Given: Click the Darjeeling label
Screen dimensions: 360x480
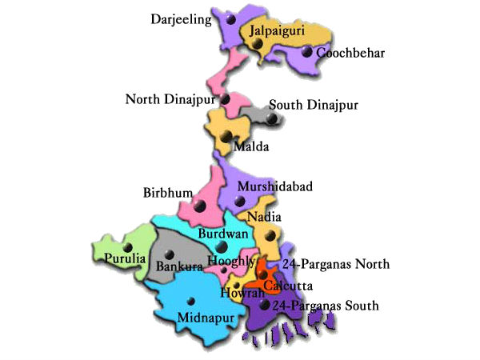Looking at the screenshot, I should coord(182,18).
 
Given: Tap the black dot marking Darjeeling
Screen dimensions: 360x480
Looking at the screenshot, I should coord(230,18).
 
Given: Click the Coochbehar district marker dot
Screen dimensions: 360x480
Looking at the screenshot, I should coord(308,52).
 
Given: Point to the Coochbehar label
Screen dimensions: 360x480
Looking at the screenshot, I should coord(351,54).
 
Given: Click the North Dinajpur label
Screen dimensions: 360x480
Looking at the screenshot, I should coord(170,99).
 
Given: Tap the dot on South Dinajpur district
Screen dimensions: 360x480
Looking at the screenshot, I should coord(272,118).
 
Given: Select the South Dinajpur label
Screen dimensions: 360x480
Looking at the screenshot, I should coord(314,105).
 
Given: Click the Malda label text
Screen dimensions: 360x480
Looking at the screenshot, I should coord(251,147).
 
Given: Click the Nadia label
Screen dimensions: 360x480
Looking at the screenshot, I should coord(264,218).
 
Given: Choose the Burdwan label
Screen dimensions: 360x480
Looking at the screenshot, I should coord(218,234).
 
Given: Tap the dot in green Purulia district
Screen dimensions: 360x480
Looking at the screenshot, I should coord(126,246).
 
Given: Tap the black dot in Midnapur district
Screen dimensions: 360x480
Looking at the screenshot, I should coord(190,301).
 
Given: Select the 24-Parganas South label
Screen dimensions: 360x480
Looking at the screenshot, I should coord(326,306).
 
